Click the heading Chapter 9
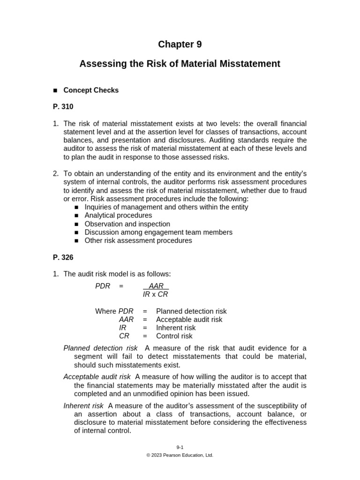click(x=180, y=45)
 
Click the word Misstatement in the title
click(x=251, y=64)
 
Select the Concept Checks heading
click(x=91, y=90)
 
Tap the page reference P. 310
click(x=63, y=107)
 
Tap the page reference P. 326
click(x=63, y=257)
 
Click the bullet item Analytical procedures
click(x=118, y=215)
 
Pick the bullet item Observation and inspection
click(x=127, y=224)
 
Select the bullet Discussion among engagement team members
click(x=158, y=232)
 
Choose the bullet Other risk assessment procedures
click(x=138, y=240)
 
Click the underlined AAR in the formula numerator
click(x=156, y=286)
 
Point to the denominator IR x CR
click(x=155, y=294)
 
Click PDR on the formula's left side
click(x=103, y=286)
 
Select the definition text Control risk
click(x=174, y=336)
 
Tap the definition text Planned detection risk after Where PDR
click(x=191, y=311)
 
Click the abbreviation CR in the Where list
click(x=124, y=336)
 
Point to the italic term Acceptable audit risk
click(x=97, y=377)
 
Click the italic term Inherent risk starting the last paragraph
click(x=83, y=405)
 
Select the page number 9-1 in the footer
click(x=180, y=447)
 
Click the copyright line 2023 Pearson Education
click(x=180, y=455)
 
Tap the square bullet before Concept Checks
click(x=55, y=90)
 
